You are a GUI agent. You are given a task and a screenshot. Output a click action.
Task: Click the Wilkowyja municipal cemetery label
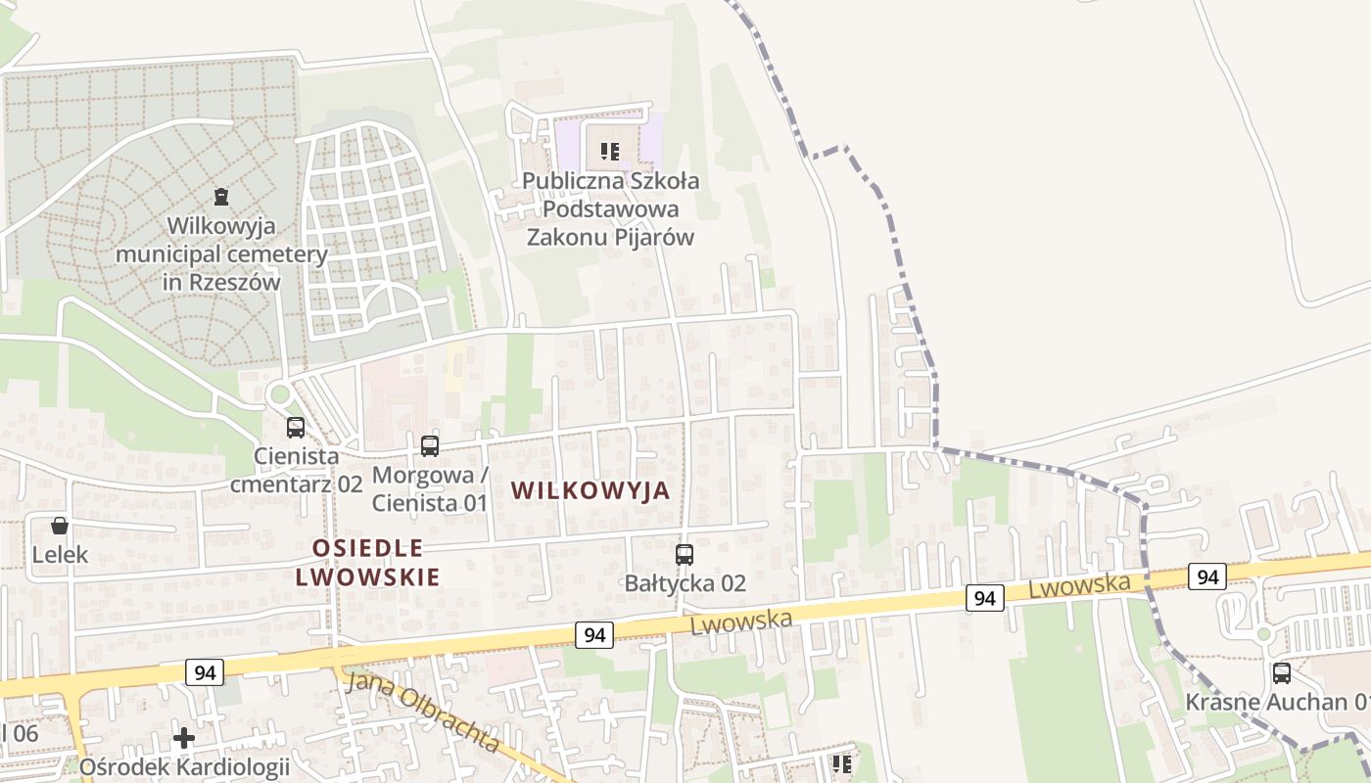[221, 254]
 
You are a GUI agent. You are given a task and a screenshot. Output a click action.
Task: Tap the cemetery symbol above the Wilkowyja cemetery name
[222, 197]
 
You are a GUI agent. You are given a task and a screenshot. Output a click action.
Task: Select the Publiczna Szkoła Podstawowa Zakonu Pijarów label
[610, 209]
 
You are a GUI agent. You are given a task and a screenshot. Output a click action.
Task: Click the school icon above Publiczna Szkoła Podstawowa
[610, 152]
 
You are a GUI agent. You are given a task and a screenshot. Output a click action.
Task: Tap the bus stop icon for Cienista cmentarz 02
[296, 428]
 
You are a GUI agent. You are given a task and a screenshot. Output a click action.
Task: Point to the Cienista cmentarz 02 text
[296, 470]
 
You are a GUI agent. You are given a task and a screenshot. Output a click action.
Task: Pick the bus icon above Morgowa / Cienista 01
[429, 446]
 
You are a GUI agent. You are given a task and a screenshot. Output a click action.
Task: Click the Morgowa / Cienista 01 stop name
[429, 489]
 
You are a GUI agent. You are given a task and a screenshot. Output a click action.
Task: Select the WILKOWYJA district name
[591, 490]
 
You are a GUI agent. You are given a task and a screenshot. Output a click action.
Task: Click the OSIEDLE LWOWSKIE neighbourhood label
[368, 562]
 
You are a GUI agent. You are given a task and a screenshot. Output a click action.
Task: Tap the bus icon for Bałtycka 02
[685, 555]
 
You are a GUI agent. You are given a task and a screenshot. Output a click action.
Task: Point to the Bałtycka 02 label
[685, 584]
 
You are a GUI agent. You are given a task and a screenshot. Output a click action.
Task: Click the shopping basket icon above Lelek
[60, 526]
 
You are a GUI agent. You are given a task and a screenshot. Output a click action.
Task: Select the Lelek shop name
[60, 555]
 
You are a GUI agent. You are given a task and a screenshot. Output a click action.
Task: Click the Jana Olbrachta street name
[424, 712]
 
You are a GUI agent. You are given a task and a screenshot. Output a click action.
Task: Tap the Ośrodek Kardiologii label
[184, 766]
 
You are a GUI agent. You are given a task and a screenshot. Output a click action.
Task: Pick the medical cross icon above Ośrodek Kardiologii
[184, 737]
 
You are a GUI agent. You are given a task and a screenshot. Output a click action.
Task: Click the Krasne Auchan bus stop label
[1277, 702]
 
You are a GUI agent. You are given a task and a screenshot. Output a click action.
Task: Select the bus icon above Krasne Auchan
[1281, 673]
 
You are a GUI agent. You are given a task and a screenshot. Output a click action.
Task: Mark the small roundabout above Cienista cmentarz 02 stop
[279, 395]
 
